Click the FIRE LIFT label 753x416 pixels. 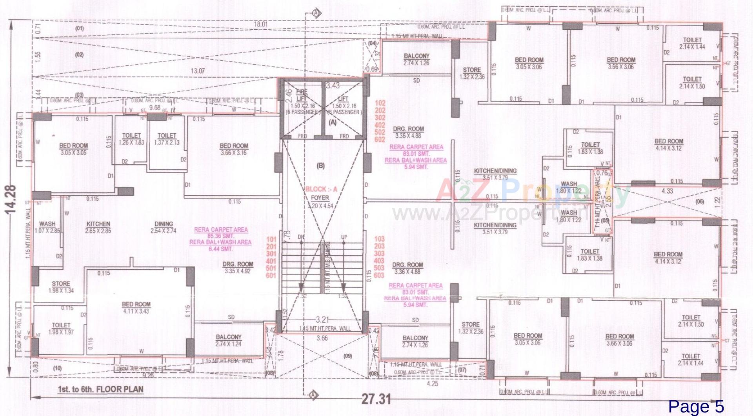302,95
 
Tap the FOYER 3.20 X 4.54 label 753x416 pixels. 320,202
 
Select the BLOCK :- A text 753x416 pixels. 321,189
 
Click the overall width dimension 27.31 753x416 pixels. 376,400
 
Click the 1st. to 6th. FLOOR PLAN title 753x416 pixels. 100,390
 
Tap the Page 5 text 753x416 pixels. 696,407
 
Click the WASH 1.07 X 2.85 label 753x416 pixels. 47,227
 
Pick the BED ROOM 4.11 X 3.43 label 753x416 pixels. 136,308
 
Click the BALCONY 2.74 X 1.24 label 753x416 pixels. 229,340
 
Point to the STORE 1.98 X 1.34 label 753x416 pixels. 61,287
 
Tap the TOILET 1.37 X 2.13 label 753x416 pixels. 167,139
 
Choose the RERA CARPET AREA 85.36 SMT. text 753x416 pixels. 221,233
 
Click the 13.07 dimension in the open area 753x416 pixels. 197,71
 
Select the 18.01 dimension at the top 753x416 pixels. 260,24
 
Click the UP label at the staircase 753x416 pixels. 344,238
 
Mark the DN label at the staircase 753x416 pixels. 301,237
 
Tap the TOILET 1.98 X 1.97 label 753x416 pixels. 61,329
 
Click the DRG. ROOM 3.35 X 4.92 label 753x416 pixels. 238,267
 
